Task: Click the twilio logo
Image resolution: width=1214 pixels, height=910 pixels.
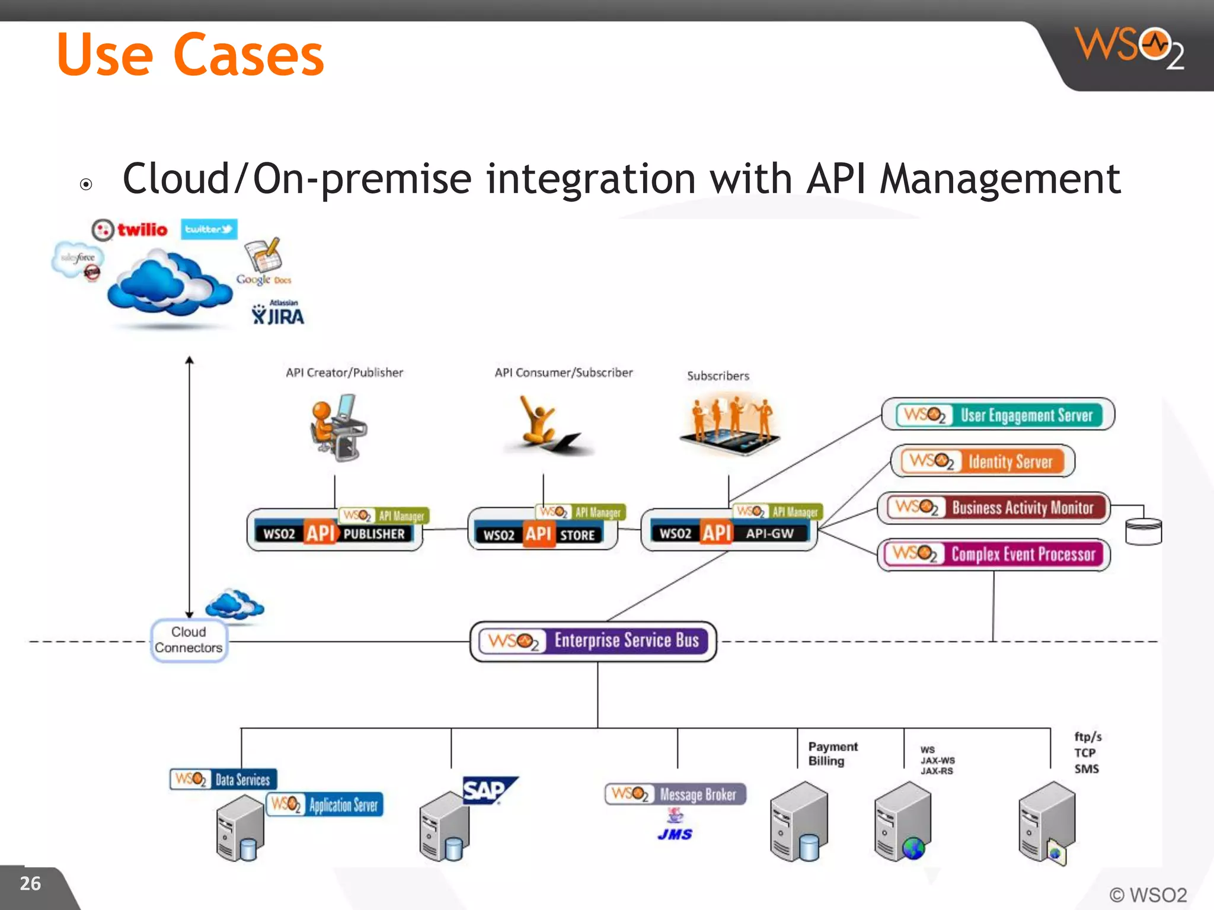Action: (x=130, y=230)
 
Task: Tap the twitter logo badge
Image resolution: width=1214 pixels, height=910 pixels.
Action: (x=209, y=229)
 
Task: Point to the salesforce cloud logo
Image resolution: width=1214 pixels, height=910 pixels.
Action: (x=78, y=259)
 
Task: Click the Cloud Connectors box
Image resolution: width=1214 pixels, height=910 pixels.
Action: (x=189, y=640)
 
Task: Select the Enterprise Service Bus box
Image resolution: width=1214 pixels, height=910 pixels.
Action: (x=593, y=641)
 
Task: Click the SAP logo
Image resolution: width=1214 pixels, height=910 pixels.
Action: (x=487, y=790)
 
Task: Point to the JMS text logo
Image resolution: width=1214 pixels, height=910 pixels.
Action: (x=675, y=834)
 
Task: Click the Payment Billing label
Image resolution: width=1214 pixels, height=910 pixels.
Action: (x=832, y=754)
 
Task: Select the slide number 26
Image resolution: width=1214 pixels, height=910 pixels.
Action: (x=30, y=883)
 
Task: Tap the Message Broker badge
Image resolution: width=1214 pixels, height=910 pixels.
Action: (x=675, y=794)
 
